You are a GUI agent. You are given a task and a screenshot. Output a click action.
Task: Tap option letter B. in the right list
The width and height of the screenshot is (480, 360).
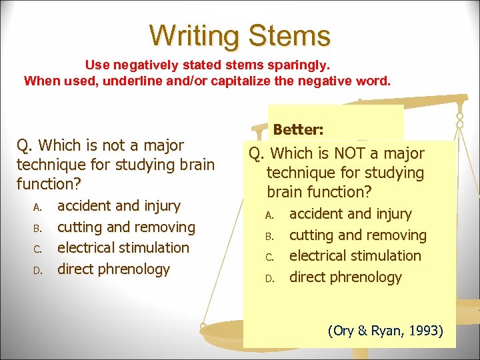[x=269, y=236]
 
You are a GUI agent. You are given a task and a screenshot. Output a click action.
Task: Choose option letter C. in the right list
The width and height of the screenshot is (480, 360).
[x=269, y=257]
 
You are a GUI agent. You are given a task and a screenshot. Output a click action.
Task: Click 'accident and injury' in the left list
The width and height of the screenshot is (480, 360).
[x=119, y=206]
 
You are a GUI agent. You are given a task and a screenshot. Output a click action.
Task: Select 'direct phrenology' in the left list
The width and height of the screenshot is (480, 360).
[x=113, y=269]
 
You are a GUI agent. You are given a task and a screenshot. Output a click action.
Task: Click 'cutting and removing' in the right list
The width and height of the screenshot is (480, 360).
[x=357, y=235]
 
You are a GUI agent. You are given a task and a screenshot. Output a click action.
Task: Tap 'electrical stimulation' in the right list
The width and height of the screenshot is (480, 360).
[x=355, y=256]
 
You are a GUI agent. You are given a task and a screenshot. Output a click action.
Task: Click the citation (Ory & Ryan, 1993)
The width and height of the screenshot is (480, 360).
[x=385, y=331]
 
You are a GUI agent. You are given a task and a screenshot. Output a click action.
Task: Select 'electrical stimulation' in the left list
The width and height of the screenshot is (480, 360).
[x=123, y=248]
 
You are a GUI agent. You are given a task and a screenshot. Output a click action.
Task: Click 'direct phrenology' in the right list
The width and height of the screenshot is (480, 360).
[x=345, y=277]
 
